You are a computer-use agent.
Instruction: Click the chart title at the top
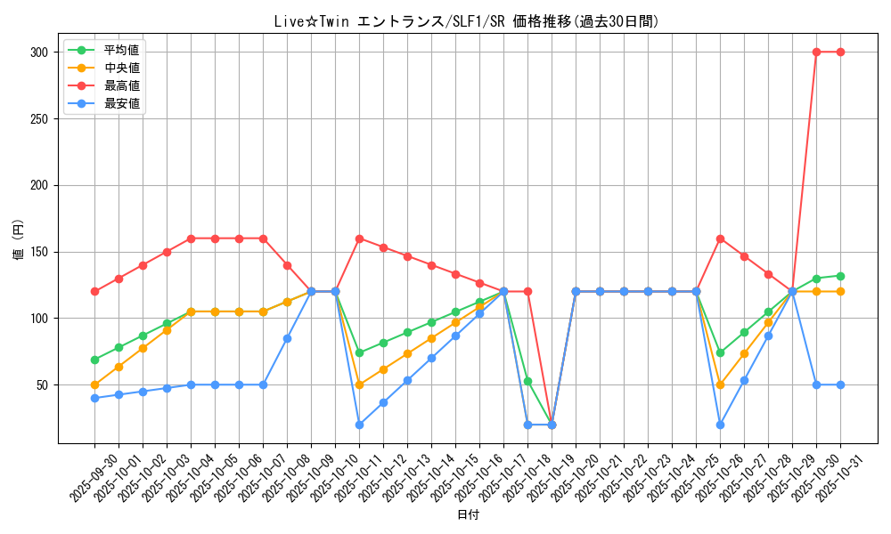(468, 21)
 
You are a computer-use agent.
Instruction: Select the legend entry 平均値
(122, 50)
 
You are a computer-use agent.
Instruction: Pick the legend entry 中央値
(122, 68)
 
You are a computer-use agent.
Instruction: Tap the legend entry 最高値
(122, 85)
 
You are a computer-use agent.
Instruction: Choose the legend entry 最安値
(122, 103)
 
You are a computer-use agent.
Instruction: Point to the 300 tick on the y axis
(38, 52)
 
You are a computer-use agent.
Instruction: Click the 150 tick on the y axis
(38, 252)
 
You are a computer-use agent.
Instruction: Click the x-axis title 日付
(468, 514)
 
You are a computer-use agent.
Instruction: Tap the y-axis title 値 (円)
(19, 240)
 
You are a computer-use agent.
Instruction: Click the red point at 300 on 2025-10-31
(840, 52)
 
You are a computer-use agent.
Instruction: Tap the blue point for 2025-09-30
(94, 398)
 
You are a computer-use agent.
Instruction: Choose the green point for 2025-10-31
(840, 276)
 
